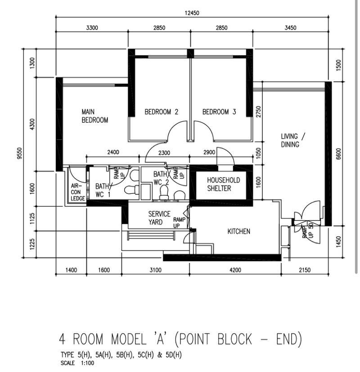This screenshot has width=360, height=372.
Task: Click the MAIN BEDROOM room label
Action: coord(94,116)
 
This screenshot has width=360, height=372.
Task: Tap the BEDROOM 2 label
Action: coord(162,112)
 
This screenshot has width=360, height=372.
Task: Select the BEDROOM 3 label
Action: coord(219,112)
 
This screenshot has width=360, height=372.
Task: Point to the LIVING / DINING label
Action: coord(293,140)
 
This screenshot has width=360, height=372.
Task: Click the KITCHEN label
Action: coord(239,231)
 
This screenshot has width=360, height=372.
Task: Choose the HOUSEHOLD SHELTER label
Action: coord(223,184)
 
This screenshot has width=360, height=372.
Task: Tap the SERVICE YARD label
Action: coord(159,218)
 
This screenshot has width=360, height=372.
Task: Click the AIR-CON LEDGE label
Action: coord(78,192)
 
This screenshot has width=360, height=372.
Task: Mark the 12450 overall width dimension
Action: coord(192,13)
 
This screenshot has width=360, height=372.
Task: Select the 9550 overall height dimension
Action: coord(20,153)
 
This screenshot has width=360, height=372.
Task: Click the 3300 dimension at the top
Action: coord(92,28)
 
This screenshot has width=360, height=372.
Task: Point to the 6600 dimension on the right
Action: coord(338,154)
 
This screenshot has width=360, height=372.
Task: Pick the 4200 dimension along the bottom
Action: coord(235,270)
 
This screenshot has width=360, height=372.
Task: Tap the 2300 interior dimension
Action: coord(164,152)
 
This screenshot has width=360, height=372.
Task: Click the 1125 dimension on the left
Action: coord(32,219)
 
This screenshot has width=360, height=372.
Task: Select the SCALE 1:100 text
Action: coord(77,363)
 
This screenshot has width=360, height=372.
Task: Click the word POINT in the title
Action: coord(195,339)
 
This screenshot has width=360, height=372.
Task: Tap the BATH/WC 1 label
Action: coord(103,190)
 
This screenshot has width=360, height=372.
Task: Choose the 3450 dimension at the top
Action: coord(290,28)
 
